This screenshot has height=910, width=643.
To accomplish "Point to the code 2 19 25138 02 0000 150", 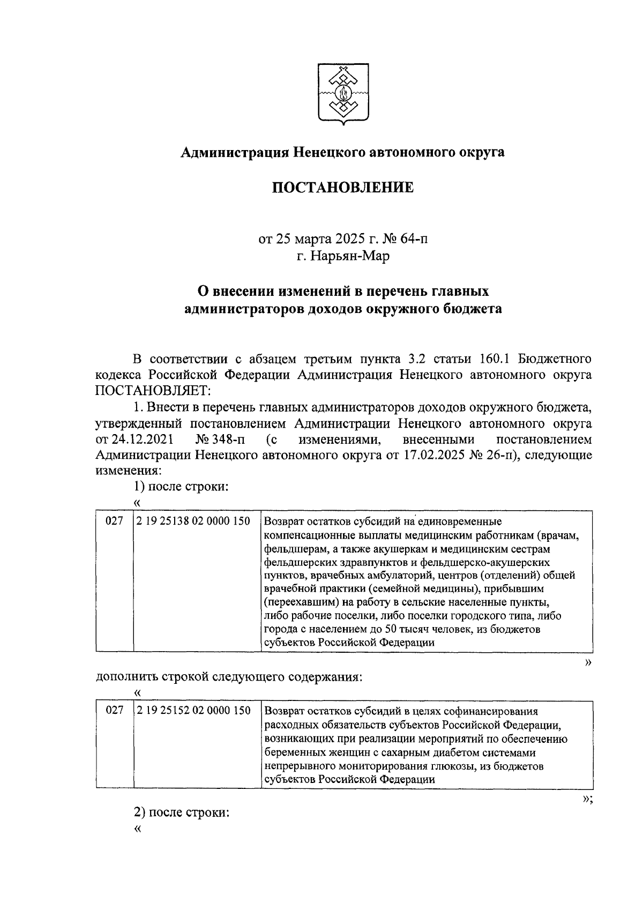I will click(x=193, y=521).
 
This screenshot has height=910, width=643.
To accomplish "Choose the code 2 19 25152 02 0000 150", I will click(x=193, y=711).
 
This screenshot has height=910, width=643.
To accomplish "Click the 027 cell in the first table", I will click(x=114, y=521).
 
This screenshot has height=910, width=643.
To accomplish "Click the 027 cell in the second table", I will click(x=114, y=711).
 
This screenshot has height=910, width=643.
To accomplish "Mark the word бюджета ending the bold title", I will click(x=473, y=309).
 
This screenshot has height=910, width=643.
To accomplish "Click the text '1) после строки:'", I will click(x=181, y=487).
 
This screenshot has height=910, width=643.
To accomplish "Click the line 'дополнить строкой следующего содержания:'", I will click(x=229, y=676).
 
